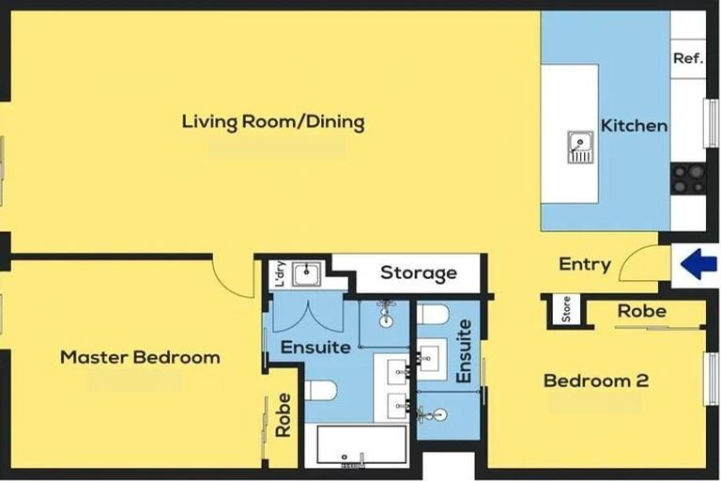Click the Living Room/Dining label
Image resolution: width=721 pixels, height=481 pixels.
coord(273,122)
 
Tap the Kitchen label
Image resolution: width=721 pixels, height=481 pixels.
coord(634,126)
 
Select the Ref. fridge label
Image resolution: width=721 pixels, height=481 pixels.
coord(688,58)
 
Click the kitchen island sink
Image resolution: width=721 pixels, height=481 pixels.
coord(580,147)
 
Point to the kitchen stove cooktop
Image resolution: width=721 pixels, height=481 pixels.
coord(688,178)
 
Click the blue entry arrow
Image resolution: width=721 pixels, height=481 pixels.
coord(698,264)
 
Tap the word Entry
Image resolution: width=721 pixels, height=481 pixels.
coord(585,264)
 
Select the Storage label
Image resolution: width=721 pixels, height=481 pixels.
coord(419,273)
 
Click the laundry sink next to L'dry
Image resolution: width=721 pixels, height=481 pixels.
coord(307,275)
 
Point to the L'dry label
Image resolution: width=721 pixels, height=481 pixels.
coord(281,274)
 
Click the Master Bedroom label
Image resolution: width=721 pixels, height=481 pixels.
coord(140,357)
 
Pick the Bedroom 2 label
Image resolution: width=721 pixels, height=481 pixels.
coord(596,380)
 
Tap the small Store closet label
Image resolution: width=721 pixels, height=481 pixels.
coord(566,309)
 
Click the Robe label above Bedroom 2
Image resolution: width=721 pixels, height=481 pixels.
coord(642,311)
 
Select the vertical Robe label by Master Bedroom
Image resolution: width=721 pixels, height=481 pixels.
coord(284,414)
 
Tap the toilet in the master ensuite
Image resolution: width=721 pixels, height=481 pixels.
coord(321,390)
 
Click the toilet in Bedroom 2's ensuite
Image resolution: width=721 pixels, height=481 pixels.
coord(433,315)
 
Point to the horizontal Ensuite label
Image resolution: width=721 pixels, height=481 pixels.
coord(315,347)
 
